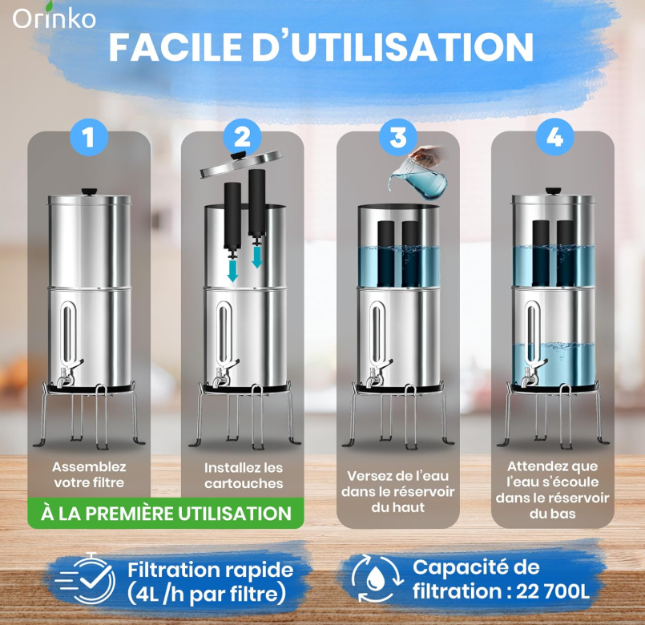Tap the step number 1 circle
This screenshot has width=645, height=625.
click(x=89, y=136)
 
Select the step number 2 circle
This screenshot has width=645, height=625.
click(x=243, y=136)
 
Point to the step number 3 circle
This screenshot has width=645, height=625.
click(x=397, y=136)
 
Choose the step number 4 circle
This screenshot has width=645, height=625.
click(x=555, y=136)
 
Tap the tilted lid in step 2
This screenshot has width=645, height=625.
click(x=241, y=163)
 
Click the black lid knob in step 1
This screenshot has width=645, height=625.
click(x=89, y=192)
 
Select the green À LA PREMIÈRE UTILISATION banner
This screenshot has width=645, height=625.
click(x=166, y=514)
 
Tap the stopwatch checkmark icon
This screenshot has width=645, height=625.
click(x=87, y=578)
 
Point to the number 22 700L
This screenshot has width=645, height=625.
click(x=553, y=591)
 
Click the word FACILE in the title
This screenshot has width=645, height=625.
click(x=175, y=46)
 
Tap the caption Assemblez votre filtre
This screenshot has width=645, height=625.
click(x=89, y=475)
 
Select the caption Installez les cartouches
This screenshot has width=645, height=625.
click(x=244, y=476)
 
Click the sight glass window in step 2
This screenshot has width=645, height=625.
click(x=224, y=334)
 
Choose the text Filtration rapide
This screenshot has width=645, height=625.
click(x=210, y=571)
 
